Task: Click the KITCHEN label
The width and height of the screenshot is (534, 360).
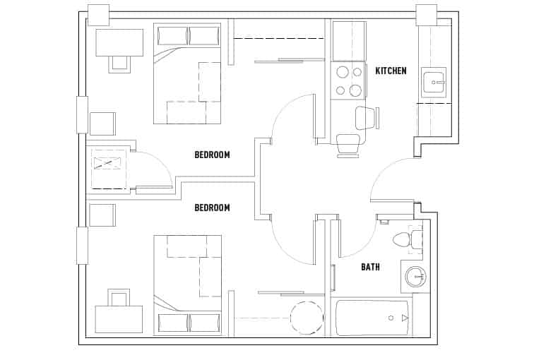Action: pyautogui.click(x=391, y=71)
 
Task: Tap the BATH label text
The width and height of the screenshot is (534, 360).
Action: pyautogui.click(x=371, y=267)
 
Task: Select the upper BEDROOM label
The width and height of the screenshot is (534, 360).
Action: pyautogui.click(x=212, y=155)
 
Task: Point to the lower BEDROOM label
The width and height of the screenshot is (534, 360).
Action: pyautogui.click(x=212, y=208)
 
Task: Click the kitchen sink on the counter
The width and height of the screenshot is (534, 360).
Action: pyautogui.click(x=433, y=82)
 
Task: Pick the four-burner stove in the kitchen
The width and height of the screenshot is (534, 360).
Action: pyautogui.click(x=348, y=80)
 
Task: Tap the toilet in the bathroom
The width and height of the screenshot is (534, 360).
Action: pyautogui.click(x=403, y=239)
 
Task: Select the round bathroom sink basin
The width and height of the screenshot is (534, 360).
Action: pyautogui.click(x=417, y=276)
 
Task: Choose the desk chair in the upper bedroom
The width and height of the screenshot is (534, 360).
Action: pyautogui.click(x=119, y=63)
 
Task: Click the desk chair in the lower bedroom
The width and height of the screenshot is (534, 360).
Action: pyautogui.click(x=117, y=298)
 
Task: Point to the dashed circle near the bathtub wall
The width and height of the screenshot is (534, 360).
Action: pyautogui.click(x=306, y=318)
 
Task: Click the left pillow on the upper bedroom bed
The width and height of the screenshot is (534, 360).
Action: pyautogui.click(x=172, y=35)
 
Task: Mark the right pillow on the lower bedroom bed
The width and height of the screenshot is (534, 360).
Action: pyautogui.click(x=204, y=323)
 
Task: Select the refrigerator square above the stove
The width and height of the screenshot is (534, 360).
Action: pyautogui.click(x=349, y=41)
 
